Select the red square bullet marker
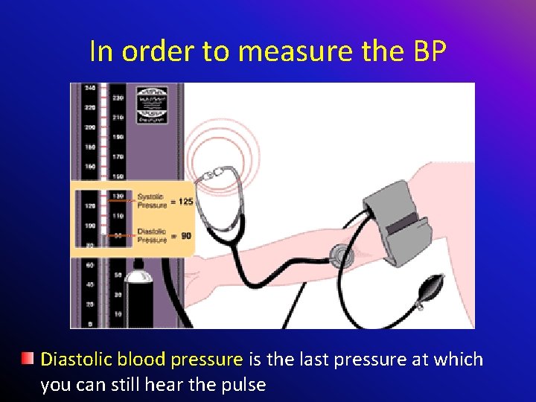28,360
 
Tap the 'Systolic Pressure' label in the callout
152,201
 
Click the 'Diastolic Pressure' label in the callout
152,236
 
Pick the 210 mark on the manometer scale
118,117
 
